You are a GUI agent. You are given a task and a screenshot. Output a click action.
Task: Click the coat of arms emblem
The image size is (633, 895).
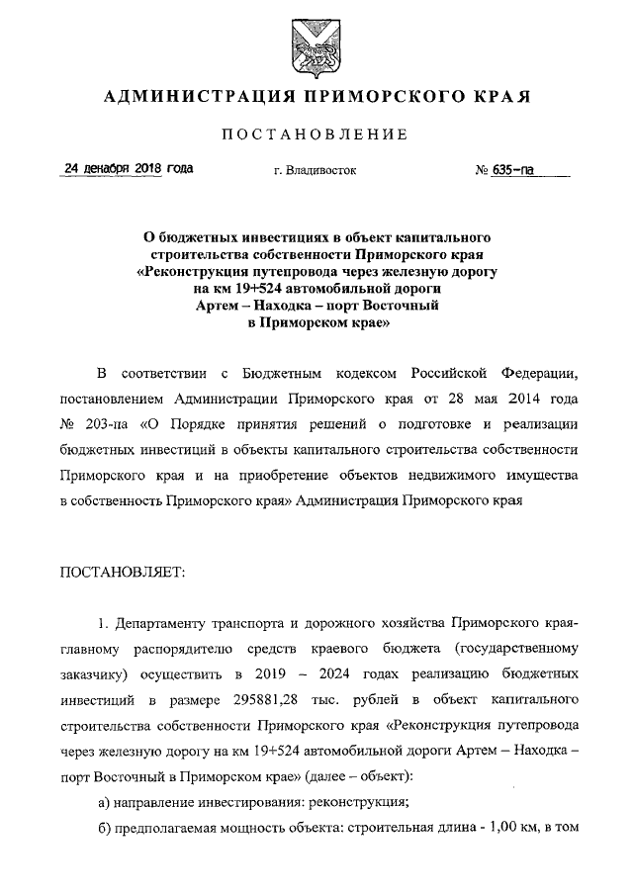coord(316,46)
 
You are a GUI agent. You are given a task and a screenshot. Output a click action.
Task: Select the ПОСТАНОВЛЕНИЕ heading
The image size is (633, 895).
coord(316,134)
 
